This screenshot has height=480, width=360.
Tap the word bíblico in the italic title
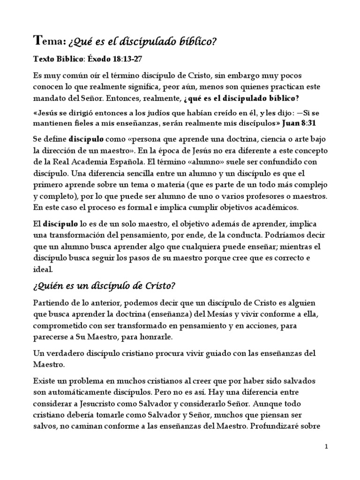pyautogui.click(x=195, y=43)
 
